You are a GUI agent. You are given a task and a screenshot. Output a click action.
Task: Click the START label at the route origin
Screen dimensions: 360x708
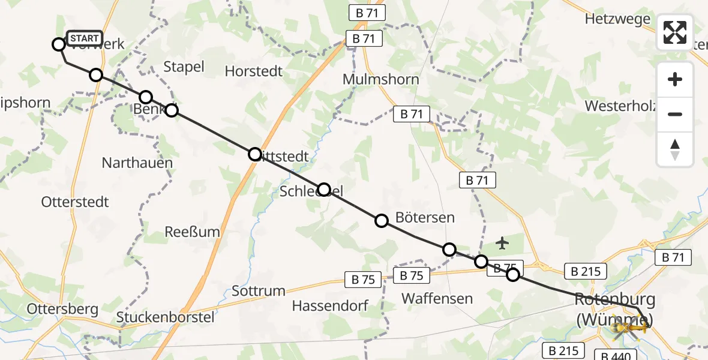point(84,39)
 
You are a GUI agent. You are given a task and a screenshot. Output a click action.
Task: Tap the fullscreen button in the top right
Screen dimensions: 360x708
point(675,32)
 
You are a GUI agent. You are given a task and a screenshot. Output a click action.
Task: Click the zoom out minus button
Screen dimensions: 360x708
point(675,114)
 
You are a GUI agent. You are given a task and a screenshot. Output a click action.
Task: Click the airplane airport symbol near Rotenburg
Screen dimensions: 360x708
point(502,243)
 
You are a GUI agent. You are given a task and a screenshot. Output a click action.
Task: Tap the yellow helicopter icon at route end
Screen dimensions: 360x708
point(630,328)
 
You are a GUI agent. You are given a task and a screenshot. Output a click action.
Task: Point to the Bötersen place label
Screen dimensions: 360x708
point(425,217)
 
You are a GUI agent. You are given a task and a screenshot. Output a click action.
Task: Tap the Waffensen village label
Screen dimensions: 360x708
point(437,298)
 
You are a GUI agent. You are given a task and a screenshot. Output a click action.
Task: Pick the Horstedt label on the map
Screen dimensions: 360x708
point(253,71)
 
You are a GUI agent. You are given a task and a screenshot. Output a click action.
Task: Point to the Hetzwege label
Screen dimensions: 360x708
point(617,19)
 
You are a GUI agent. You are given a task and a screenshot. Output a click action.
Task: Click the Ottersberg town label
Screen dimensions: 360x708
point(62,309)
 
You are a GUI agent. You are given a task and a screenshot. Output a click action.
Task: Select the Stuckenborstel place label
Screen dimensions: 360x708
point(165,317)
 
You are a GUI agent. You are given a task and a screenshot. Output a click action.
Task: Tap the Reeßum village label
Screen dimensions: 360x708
point(193,232)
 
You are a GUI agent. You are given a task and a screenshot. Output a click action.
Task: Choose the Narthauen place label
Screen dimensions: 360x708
point(137,163)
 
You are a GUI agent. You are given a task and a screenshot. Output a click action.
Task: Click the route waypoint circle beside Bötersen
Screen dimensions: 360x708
point(382,221)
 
